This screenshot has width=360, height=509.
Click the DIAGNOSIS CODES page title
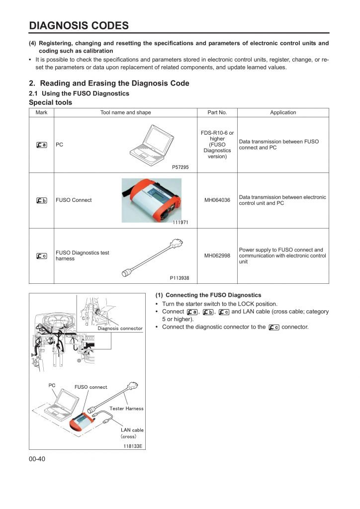pos(79,25)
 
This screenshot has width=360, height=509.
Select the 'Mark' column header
pos(42,112)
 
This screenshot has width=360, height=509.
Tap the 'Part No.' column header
pos(217,112)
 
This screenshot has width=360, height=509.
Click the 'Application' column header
pos(283,112)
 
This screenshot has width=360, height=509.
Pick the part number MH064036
pos(217,200)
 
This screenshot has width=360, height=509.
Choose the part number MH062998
pos(217,256)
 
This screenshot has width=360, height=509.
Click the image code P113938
pos(180,278)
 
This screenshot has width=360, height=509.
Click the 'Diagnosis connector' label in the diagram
pos(120,328)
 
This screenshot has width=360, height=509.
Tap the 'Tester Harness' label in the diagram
pos(126,409)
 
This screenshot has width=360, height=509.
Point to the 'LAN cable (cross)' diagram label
pos(132,433)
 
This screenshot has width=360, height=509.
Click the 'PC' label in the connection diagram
pos(52,385)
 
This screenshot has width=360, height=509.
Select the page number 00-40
pos(37,459)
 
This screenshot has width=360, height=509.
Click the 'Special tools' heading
pos(51,102)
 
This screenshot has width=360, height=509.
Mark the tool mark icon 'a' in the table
pos(42,145)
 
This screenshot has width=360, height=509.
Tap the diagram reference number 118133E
pos(133,446)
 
